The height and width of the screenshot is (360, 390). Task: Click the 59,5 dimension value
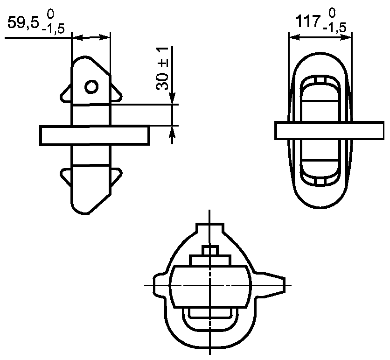pyautogui.click(x=23, y=23)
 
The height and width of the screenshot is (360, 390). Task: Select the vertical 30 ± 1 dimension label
pyautogui.click(x=162, y=68)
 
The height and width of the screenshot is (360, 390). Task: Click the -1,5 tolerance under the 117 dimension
pyautogui.click(x=334, y=28)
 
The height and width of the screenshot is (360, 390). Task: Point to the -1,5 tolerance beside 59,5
pyautogui.click(x=53, y=29)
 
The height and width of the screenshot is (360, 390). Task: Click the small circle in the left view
pyautogui.click(x=91, y=87)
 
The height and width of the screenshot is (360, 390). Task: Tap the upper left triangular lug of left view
pyautogui.click(x=66, y=94)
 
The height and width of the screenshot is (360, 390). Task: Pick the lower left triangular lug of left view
pyautogui.click(x=66, y=177)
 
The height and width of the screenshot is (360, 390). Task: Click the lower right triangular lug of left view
pyautogui.click(x=116, y=177)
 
